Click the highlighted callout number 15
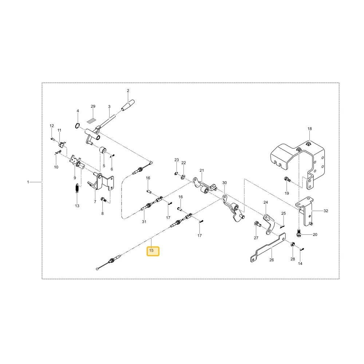tap(151, 250)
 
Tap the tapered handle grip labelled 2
tap(128, 105)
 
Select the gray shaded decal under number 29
tap(91, 121)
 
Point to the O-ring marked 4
tap(78, 126)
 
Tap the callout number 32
tap(326, 211)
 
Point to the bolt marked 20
tap(299, 233)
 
